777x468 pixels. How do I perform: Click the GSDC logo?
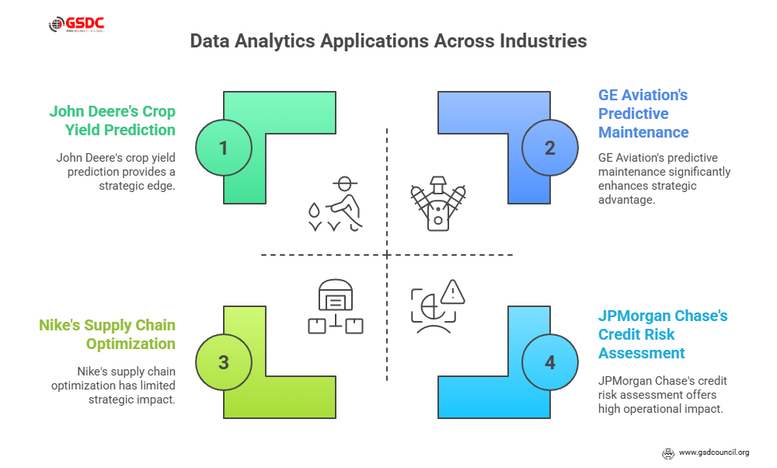(76, 24)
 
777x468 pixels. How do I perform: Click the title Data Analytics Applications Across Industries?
(388, 41)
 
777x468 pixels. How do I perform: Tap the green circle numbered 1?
(224, 147)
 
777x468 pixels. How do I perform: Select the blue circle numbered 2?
(550, 147)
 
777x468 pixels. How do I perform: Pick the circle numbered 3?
(224, 361)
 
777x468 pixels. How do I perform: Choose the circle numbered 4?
(550, 361)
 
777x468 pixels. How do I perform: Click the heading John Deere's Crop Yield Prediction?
(113, 120)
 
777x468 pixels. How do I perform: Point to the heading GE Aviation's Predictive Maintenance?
(643, 114)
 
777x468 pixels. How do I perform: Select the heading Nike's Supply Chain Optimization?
(107, 334)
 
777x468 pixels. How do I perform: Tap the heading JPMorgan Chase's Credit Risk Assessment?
(662, 334)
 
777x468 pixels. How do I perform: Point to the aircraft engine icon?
(439, 204)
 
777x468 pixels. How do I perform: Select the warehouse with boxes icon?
(336, 306)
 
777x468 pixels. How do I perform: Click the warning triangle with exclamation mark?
(452, 292)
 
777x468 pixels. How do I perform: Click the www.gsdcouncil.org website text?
(713, 452)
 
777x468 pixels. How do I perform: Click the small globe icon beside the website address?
(667, 452)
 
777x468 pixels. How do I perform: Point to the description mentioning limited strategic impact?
(113, 386)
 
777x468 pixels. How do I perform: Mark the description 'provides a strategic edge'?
(115, 172)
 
